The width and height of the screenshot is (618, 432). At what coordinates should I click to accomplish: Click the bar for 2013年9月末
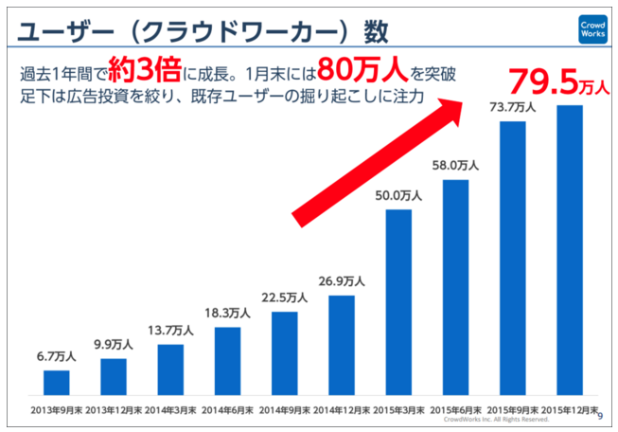point(57,382)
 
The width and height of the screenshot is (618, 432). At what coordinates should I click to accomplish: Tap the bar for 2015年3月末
point(398,301)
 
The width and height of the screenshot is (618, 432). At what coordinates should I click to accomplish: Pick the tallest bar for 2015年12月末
point(570,249)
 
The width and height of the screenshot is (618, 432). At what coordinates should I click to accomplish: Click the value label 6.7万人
point(57,357)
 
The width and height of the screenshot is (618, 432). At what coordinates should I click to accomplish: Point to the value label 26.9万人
point(342,281)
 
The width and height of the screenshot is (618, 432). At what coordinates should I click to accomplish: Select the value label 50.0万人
point(398,195)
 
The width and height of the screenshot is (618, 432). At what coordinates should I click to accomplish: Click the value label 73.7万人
point(512,107)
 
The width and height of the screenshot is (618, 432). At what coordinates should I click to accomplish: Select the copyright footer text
point(503,419)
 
